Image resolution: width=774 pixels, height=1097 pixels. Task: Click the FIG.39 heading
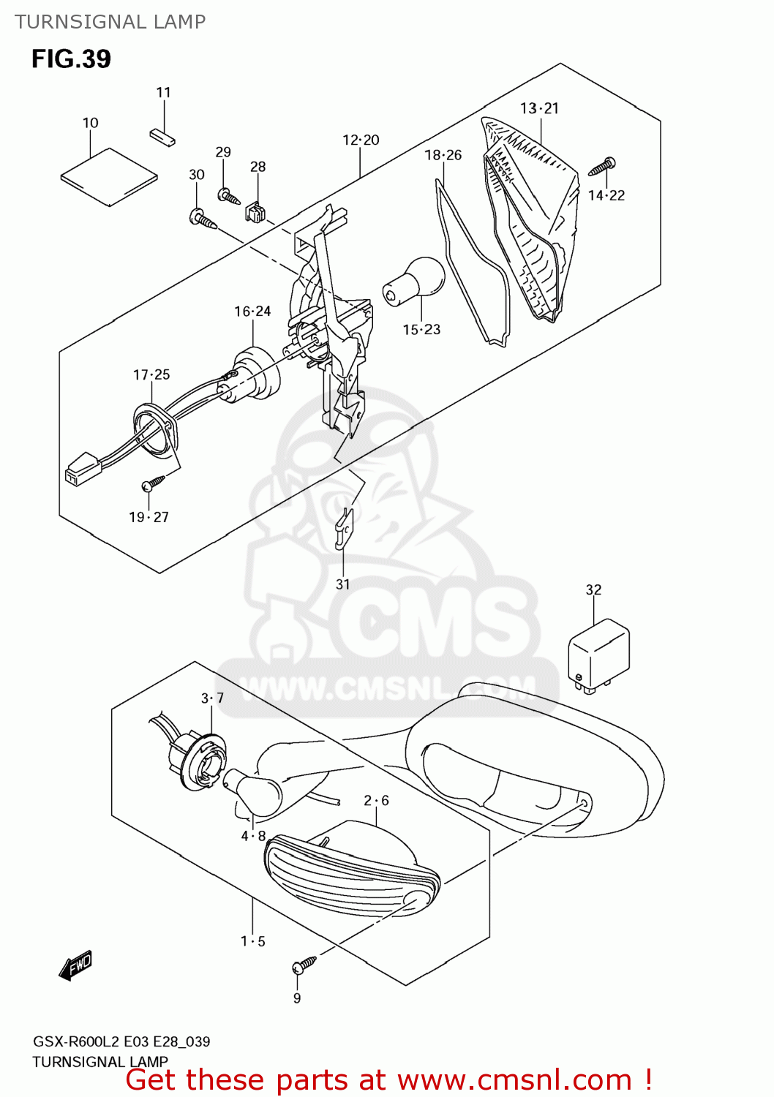71,59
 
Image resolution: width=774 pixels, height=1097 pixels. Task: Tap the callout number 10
90,123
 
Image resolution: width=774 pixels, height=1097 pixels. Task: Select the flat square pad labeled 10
109,176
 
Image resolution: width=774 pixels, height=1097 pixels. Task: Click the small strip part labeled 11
162,137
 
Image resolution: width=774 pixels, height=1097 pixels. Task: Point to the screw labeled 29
228,196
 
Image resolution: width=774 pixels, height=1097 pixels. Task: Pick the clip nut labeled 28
255,212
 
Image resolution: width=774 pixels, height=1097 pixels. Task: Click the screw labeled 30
203,219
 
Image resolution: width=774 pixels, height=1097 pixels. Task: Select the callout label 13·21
539,108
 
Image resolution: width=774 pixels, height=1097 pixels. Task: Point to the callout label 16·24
252,312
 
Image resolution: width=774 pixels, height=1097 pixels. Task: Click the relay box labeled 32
598,653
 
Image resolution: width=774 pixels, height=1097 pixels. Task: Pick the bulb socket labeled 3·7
200,761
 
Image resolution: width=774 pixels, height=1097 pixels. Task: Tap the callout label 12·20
361,140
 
